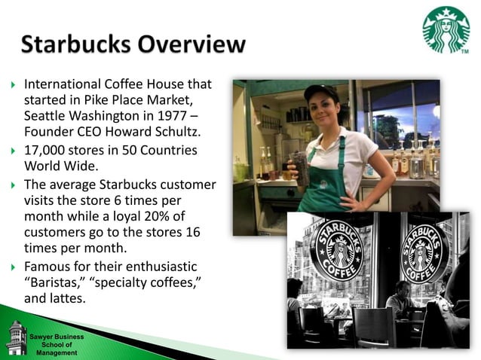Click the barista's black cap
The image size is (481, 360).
320,92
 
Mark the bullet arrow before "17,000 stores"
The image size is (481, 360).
11,150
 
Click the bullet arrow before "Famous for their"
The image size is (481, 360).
11,267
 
